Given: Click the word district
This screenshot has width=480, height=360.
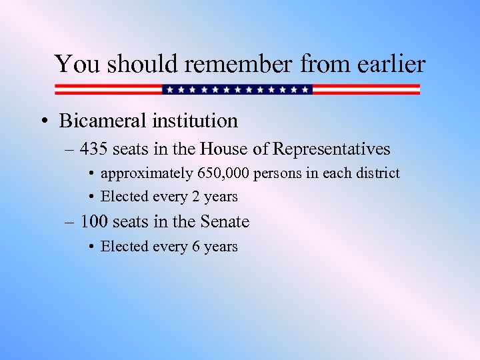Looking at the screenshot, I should [x=377, y=173].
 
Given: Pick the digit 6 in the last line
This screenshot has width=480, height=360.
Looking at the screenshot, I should [x=196, y=247].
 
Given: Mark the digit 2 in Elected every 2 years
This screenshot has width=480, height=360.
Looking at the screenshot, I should [x=196, y=197].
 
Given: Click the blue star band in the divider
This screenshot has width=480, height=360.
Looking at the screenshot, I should [x=237, y=89].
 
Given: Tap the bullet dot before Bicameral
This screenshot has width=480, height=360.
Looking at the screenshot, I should [x=43, y=121].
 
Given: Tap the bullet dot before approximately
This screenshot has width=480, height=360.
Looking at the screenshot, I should [x=91, y=174].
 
